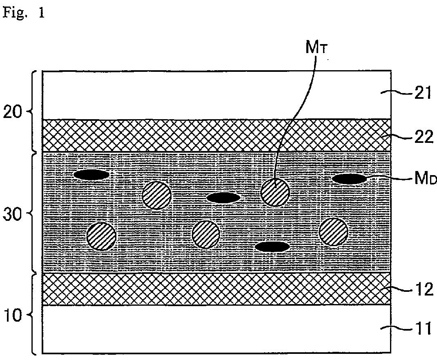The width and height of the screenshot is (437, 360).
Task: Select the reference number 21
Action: pos(422,94)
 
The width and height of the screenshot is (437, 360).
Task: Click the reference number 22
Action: pos(422,138)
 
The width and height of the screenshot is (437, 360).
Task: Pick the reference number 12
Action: pos(422,289)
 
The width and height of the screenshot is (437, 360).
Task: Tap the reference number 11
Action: pos(422,328)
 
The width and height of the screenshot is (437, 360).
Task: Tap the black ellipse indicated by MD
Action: pos(349,179)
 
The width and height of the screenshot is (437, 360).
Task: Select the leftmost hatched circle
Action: pos(102,236)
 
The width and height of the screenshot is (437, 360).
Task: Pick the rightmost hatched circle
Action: pos(334,232)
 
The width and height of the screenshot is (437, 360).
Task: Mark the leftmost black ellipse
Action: pos(91,175)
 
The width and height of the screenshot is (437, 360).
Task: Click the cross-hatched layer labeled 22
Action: pos(216,136)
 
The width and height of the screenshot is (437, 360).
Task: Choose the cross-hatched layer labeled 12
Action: pos(216,289)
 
